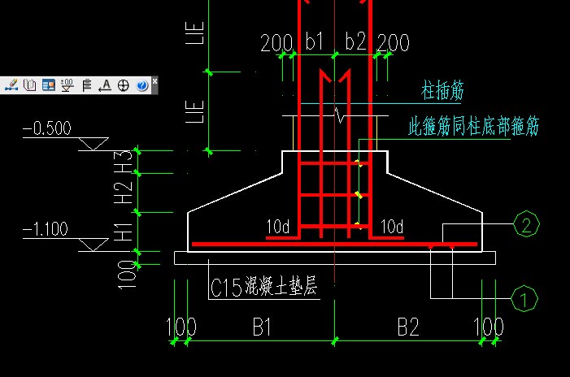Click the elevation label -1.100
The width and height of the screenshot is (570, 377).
click(x=46, y=230)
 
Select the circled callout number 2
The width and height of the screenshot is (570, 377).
click(x=526, y=225)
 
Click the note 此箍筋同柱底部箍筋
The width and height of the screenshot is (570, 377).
click(x=473, y=127)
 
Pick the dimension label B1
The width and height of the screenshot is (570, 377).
click(x=261, y=327)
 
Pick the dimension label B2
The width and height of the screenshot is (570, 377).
click(x=408, y=327)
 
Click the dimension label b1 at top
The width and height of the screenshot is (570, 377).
click(x=314, y=41)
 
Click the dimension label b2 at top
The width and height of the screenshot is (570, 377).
click(x=356, y=41)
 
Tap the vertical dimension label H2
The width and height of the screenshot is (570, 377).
click(x=124, y=192)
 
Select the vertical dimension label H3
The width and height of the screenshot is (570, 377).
click(x=124, y=161)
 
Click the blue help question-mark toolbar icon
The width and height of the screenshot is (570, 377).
click(x=141, y=84)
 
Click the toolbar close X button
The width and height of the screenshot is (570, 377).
click(x=154, y=81)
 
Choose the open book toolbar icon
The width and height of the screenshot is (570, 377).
click(x=29, y=84)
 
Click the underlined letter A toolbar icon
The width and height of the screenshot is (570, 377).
click(x=105, y=84)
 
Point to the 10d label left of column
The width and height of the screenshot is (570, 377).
click(x=278, y=226)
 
